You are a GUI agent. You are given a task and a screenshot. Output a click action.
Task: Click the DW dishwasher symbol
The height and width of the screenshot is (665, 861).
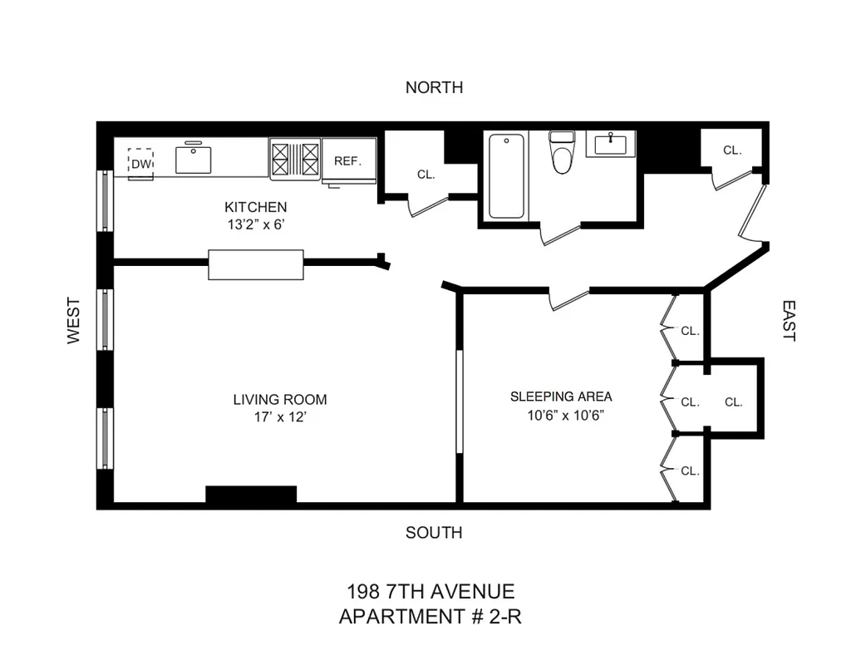[x=141, y=163]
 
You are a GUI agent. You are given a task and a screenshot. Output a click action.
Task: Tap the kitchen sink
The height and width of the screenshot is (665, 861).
[x=194, y=159]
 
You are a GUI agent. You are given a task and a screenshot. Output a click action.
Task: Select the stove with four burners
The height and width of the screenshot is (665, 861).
[x=295, y=158]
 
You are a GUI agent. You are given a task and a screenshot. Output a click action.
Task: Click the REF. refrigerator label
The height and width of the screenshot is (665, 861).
[x=348, y=160]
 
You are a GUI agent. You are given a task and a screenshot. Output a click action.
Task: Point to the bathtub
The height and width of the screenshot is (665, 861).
[x=506, y=176]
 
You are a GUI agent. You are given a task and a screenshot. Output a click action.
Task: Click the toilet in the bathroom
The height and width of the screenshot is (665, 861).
[x=563, y=152]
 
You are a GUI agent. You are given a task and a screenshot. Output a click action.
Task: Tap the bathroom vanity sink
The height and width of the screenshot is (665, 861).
[x=611, y=144]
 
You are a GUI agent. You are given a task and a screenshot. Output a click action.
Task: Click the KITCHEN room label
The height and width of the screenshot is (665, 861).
[x=255, y=207]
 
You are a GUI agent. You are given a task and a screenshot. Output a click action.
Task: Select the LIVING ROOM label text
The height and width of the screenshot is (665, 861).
[x=279, y=399]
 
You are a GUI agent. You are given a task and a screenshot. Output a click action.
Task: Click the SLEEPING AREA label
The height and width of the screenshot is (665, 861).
[x=561, y=397]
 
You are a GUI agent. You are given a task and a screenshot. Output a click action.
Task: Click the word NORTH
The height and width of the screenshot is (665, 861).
[x=434, y=87]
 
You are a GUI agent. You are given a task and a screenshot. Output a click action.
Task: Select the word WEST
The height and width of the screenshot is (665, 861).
[x=74, y=321]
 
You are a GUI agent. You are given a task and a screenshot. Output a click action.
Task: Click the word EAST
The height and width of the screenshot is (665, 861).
[x=788, y=321]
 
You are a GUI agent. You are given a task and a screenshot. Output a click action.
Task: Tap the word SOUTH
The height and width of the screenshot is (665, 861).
[x=434, y=533]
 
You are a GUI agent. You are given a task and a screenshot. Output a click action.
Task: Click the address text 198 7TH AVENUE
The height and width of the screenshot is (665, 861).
[x=430, y=592]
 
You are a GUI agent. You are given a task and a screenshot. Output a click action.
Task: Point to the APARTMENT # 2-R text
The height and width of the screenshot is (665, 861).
[x=430, y=617]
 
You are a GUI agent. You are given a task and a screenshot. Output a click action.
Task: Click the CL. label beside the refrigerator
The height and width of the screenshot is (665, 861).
[x=426, y=175]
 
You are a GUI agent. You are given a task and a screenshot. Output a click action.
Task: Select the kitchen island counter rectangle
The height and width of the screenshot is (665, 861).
[x=255, y=264]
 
